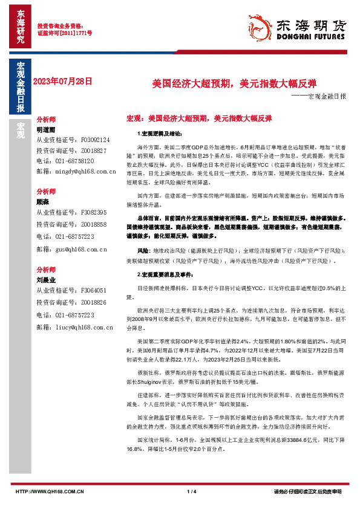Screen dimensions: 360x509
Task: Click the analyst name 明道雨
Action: pyautogui.click(x=46, y=129)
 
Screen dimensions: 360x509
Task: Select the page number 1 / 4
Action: pyautogui.click(x=192, y=491)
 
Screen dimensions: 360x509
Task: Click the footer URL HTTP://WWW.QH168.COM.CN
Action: pyautogui.click(x=48, y=491)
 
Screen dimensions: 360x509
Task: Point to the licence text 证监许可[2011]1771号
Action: pyautogui.click(x=65, y=33)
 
